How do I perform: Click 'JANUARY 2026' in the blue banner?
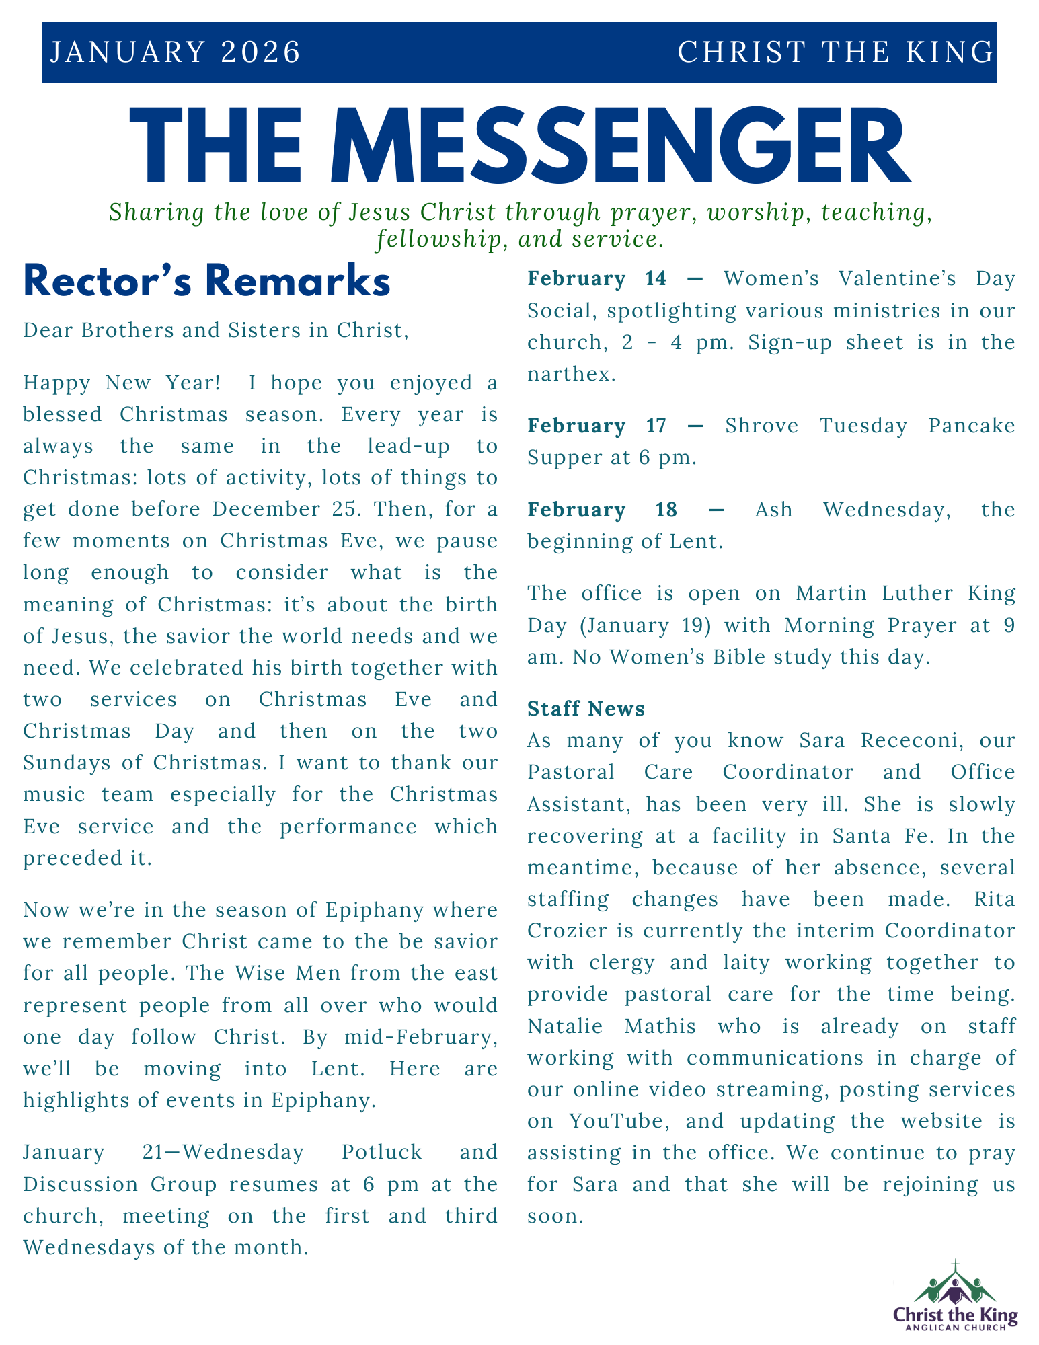pos(175,52)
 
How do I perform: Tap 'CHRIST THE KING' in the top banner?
pos(835,52)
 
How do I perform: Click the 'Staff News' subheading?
pos(586,708)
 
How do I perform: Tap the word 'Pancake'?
pos(971,426)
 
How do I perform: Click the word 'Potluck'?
pos(381,1152)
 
